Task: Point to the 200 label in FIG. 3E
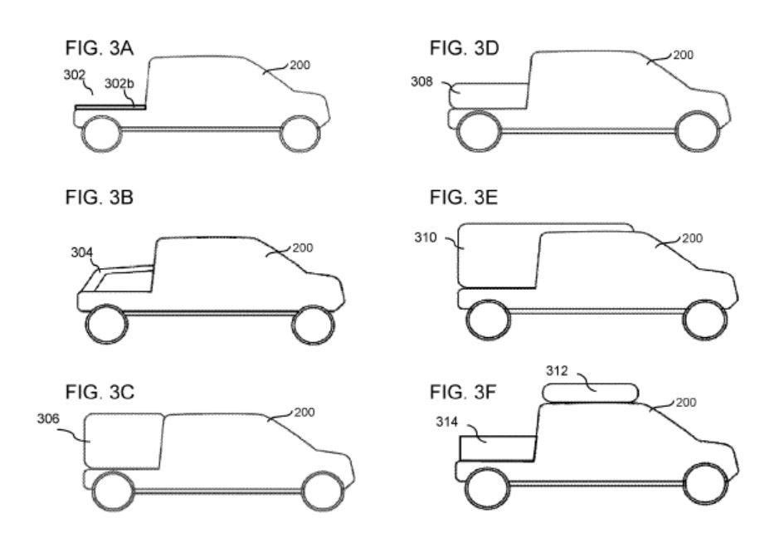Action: click(x=692, y=239)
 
